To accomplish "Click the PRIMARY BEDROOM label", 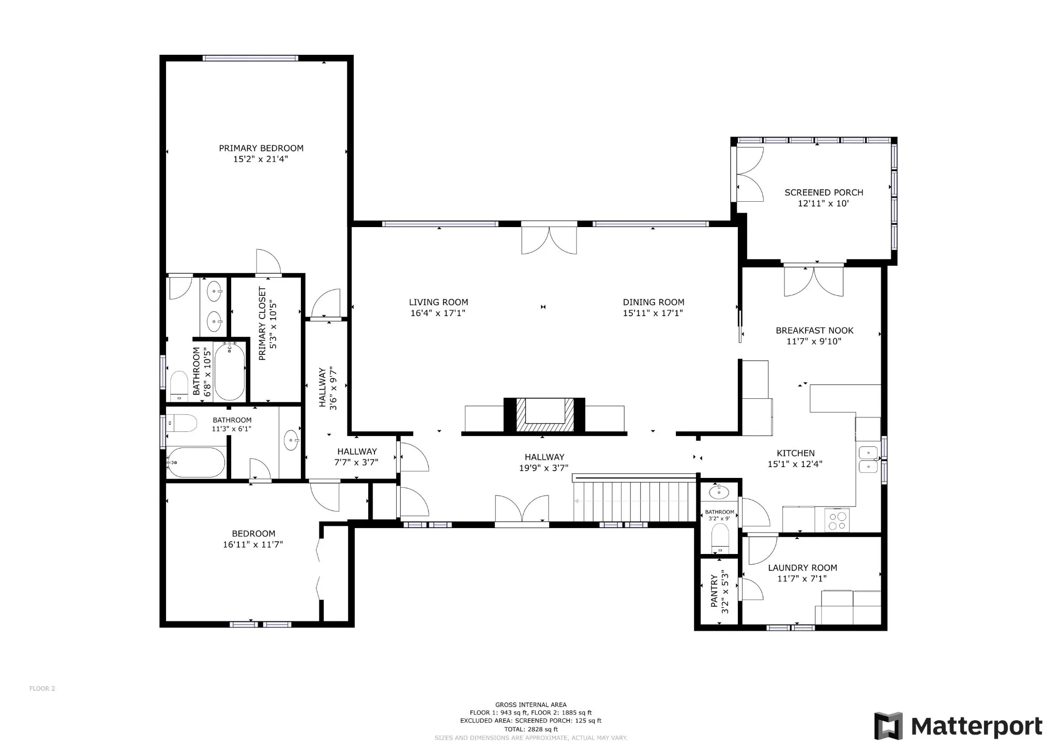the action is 261,148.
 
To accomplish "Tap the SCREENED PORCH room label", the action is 824,192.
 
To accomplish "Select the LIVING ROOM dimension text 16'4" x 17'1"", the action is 438,313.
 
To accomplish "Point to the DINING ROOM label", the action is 654,302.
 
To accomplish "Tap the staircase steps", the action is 634,501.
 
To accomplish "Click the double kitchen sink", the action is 868,459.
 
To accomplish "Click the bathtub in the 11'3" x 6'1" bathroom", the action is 196,462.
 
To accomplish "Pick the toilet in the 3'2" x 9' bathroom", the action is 719,538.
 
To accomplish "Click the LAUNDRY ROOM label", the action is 803,567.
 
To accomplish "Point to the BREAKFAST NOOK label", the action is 814,331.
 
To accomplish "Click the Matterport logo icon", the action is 888,726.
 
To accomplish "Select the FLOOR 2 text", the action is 42,688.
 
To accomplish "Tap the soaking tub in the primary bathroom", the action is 229,371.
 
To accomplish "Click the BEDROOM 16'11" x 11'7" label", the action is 253,538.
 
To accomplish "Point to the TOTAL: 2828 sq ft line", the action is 531,729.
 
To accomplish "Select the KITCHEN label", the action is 795,453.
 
